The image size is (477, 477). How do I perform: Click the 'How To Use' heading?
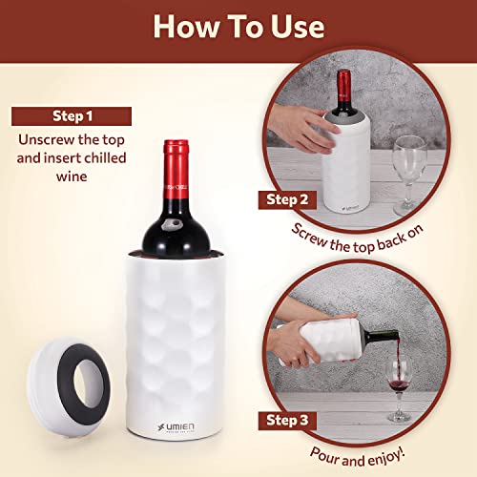click(x=238, y=26)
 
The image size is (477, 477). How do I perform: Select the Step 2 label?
click(x=286, y=201)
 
